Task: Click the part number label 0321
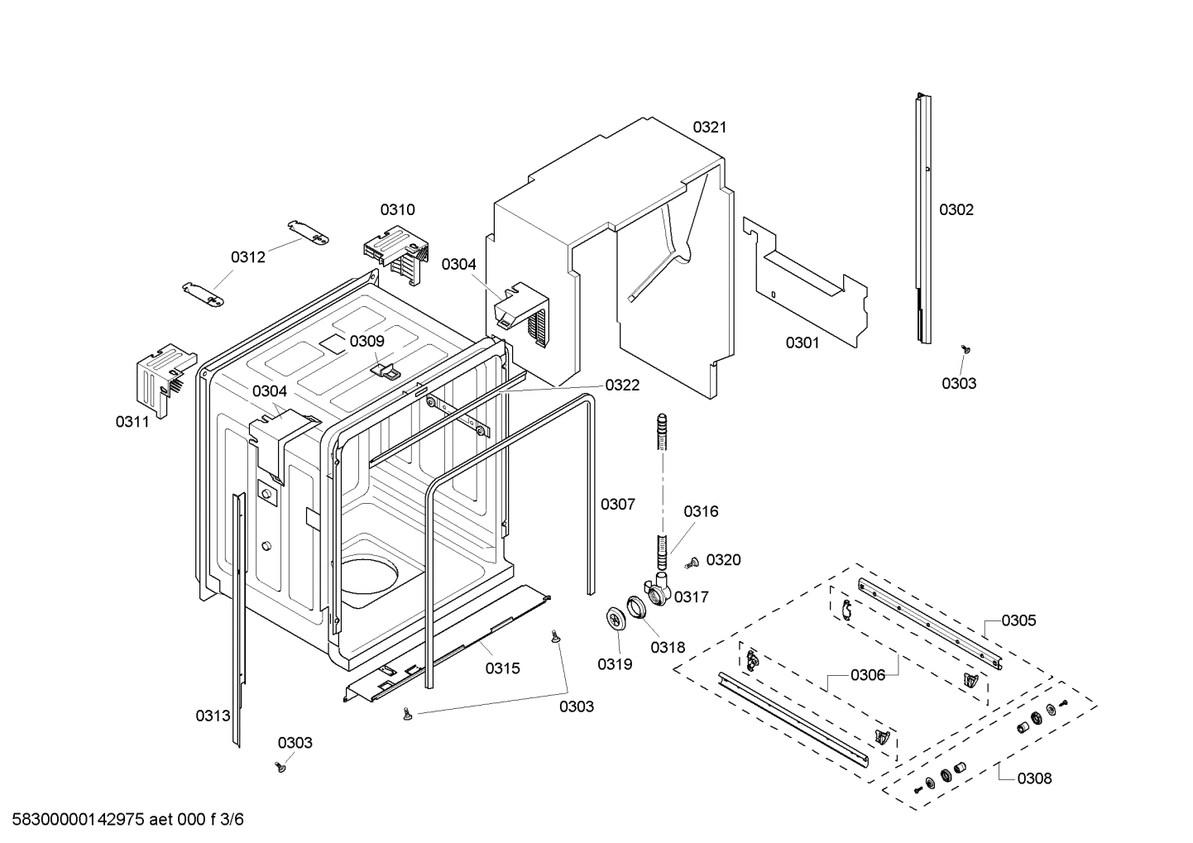click(709, 127)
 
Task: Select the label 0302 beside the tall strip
click(956, 209)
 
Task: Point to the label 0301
click(802, 342)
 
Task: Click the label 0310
click(397, 209)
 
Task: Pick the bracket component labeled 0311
click(162, 376)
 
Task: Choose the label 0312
click(248, 256)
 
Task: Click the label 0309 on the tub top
click(367, 341)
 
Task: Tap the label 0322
click(622, 385)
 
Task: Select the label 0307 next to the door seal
click(617, 504)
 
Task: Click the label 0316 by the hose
click(701, 511)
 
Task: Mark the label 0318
click(668, 648)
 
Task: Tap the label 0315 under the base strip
click(502, 668)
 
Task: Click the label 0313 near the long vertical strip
click(213, 716)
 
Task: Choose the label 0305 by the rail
click(1018, 620)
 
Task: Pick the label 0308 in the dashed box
click(1034, 778)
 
